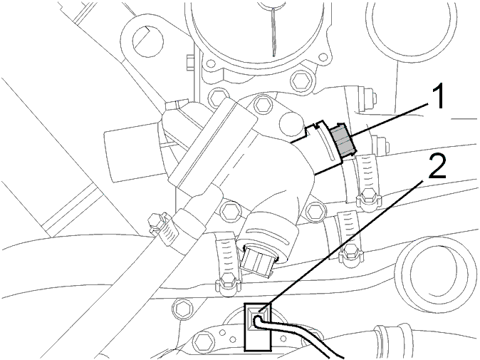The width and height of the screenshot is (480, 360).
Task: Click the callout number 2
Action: coord(437,166)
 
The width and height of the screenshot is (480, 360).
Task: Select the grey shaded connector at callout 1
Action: coord(343,140)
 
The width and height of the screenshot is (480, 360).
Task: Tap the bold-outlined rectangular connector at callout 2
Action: coord(258,326)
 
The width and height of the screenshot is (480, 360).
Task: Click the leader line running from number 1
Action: coord(389,120)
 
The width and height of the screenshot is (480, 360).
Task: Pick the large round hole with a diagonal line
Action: coord(148,41)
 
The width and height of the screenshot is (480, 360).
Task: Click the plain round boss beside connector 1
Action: coord(290,123)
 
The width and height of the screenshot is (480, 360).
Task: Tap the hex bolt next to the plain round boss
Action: coord(262,105)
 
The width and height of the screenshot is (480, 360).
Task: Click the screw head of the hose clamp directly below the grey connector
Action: coord(368,196)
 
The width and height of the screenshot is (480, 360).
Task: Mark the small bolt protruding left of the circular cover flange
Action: coord(190,63)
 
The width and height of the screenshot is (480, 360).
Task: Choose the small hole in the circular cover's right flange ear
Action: coord(323,58)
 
